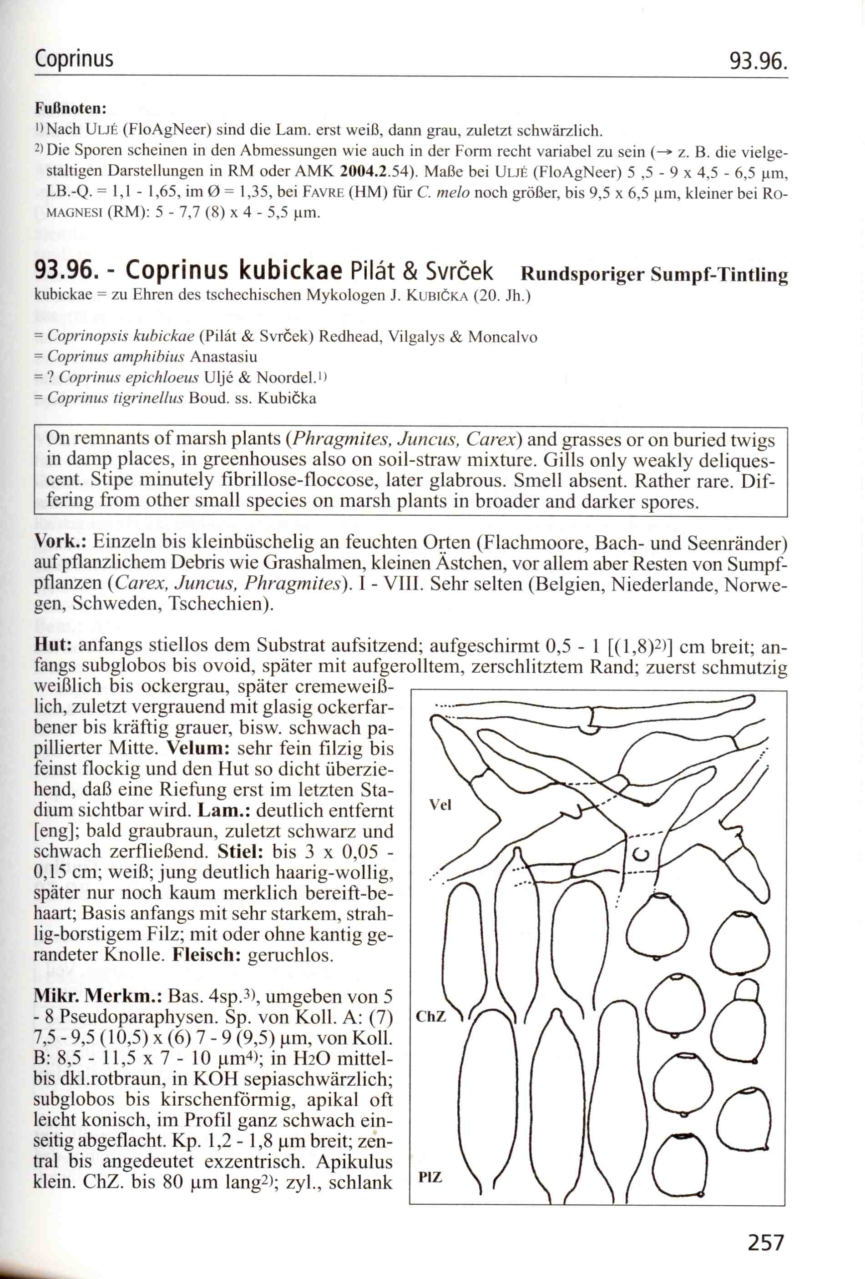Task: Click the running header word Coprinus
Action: click(x=74, y=59)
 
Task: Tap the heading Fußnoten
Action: click(x=70, y=108)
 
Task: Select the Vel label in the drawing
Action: click(x=440, y=805)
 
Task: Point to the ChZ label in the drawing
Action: click(x=430, y=1016)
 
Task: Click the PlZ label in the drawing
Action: click(x=430, y=1177)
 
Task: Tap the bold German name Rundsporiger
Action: click(x=582, y=274)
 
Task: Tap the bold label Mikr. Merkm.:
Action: click(x=97, y=996)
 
